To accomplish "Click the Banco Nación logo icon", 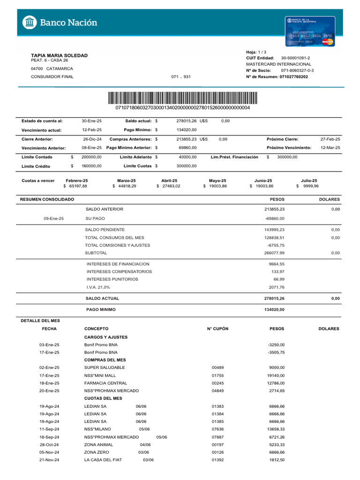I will pos(30,22).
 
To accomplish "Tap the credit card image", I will pos(311,31).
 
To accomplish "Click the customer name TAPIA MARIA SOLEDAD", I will pos(59,55).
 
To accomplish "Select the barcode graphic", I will pos(182,97).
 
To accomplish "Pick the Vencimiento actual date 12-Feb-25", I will pos(91,129).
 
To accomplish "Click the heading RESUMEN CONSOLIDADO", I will pos(47,200).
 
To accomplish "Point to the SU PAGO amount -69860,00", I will pos(275,218).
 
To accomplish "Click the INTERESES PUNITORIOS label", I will pos(112,279).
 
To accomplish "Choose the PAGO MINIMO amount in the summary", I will pos(275,309).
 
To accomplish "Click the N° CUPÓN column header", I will pos(217,329).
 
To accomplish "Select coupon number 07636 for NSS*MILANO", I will pos(217,429).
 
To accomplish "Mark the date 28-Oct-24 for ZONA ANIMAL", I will pos(49,444).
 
